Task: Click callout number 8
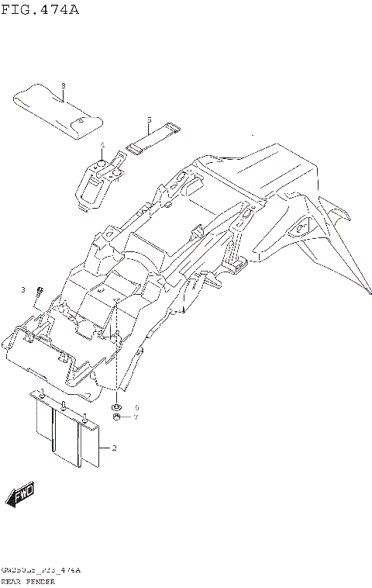(x=63, y=85)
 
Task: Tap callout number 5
(x=149, y=120)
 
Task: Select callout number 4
(x=101, y=145)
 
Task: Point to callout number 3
(x=23, y=289)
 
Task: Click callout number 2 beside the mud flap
(x=114, y=448)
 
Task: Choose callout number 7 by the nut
(x=136, y=417)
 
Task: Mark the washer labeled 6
(x=116, y=407)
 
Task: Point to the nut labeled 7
(x=116, y=417)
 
